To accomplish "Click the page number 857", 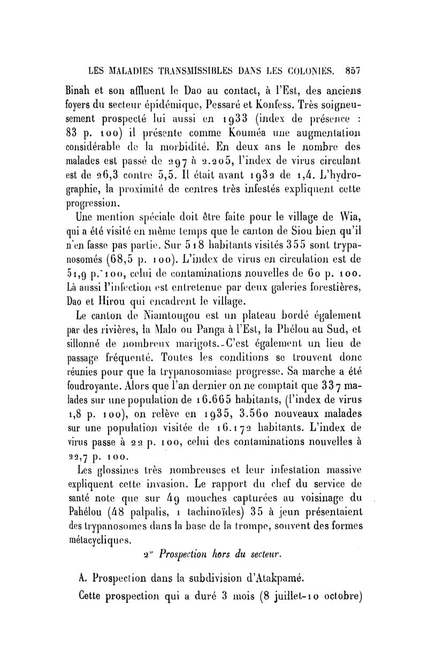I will click(x=354, y=70).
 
